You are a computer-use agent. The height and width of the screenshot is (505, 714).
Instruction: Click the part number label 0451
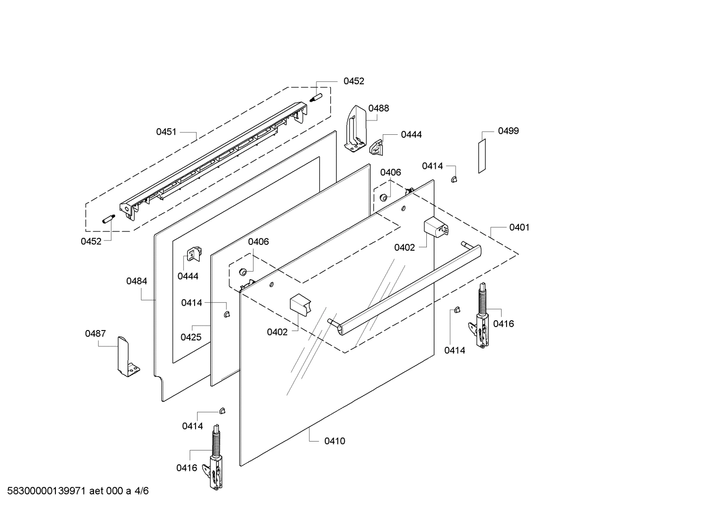coord(166,132)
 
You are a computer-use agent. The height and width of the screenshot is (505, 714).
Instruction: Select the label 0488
coord(378,108)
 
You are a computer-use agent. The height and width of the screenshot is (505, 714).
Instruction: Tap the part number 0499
coord(508,131)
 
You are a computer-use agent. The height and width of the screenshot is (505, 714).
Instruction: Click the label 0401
coord(519,227)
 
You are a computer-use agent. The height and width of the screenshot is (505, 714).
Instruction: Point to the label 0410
coord(335,441)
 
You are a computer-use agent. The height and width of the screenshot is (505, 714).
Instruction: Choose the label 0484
coord(136,281)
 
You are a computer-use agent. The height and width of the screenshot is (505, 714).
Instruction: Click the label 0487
coord(95,334)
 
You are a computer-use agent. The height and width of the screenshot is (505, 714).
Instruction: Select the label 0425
coord(191,337)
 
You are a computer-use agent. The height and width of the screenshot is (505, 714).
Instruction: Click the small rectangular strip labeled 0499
coord(482,156)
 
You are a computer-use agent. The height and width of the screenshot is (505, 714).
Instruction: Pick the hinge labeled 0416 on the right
coord(480,320)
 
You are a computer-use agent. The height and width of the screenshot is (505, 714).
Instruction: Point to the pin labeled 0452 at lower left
coord(108,219)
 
